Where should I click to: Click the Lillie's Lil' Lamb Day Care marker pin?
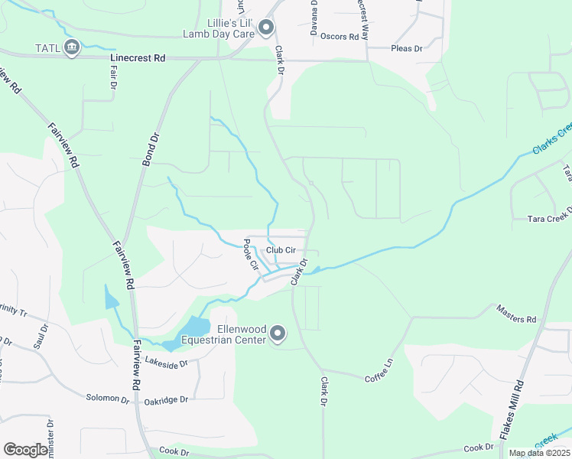tap(266, 28)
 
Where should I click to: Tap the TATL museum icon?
tap(72, 47)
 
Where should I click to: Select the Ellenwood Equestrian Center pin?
tap(278, 334)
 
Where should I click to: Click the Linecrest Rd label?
tap(138, 57)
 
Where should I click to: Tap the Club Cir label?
tap(281, 250)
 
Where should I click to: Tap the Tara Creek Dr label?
tap(549, 219)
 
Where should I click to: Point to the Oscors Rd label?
tap(340, 37)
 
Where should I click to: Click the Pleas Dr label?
tap(406, 48)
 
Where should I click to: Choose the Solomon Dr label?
tap(108, 399)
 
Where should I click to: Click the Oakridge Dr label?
tap(165, 399)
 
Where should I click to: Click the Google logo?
tap(25, 450)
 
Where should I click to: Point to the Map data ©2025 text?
tap(539, 453)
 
